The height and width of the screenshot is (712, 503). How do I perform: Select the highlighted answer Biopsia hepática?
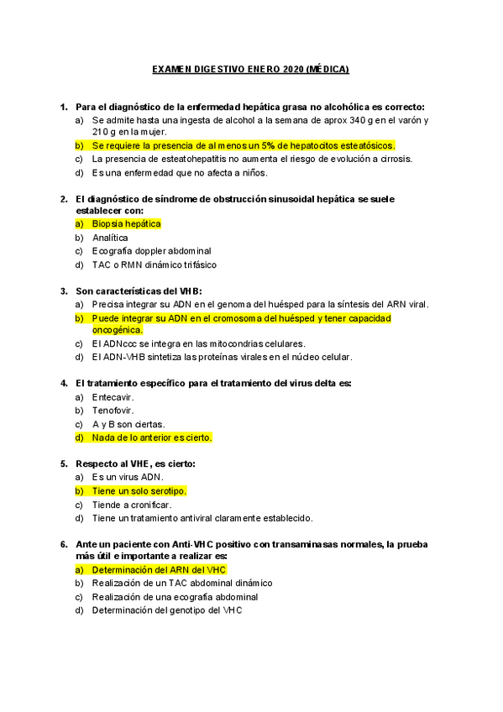tap(126, 224)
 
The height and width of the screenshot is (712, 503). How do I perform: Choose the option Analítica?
tap(110, 238)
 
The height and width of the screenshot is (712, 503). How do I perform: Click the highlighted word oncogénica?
tap(118, 330)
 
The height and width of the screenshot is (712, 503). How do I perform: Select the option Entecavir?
tap(113, 396)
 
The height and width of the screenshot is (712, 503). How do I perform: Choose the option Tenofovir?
tap(113, 410)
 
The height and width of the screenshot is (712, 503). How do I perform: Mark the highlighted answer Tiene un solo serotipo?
tap(139, 490)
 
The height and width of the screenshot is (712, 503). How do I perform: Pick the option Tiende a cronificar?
tap(132, 505)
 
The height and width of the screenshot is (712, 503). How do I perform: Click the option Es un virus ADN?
tap(128, 477)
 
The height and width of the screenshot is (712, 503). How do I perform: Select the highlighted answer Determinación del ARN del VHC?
tap(159, 569)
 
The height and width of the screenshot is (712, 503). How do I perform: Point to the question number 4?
tap(64, 383)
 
